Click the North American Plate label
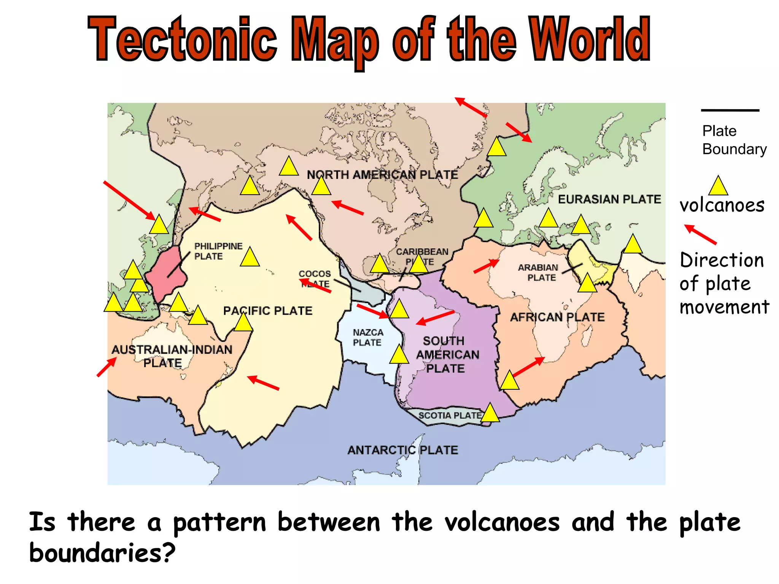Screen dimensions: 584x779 point(382,175)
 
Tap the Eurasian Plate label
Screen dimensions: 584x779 point(609,199)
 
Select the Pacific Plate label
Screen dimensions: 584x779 point(267,311)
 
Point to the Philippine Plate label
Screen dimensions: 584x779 point(218,251)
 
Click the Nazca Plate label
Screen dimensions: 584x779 point(367,338)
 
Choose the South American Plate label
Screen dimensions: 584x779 point(447,355)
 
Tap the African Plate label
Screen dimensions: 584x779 point(557,317)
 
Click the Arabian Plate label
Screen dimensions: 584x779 point(538,273)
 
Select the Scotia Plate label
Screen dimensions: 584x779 point(450,416)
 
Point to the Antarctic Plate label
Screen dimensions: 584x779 point(402,450)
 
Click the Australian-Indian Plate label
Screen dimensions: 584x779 point(172,356)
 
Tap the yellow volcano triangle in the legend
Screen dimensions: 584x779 point(718,186)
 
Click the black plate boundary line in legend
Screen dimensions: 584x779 point(730,111)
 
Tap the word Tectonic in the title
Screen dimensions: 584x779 point(183,40)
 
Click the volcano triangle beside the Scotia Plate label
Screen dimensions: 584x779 point(490,414)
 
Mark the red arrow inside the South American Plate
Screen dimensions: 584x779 point(435,318)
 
